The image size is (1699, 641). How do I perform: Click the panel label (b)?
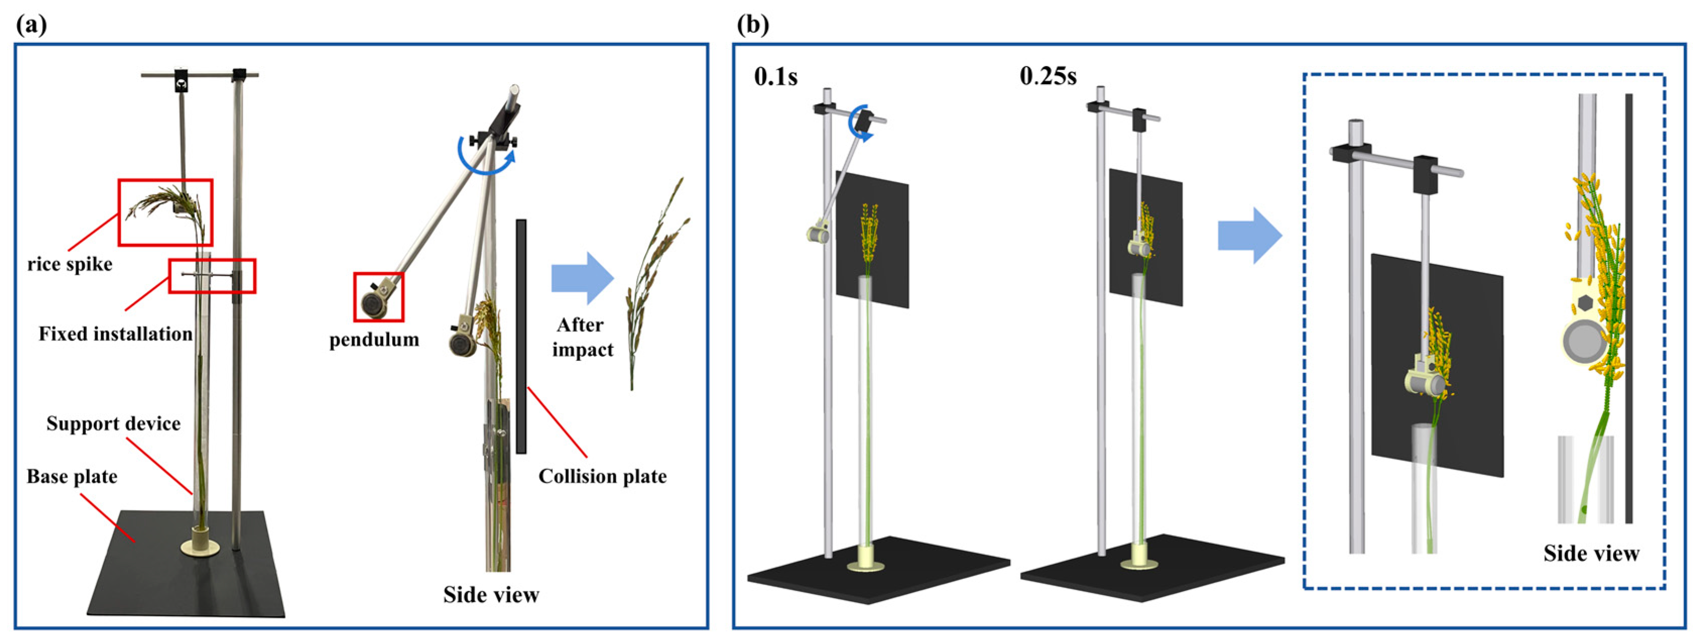[x=752, y=26]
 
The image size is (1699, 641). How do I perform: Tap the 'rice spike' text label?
[x=70, y=265]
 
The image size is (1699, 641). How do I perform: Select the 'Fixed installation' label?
[x=115, y=334]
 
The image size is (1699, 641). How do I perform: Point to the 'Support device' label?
[x=113, y=423]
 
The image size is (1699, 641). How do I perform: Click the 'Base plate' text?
[x=72, y=477]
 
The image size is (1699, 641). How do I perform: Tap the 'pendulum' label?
[x=374, y=340]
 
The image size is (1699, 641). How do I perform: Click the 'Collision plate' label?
[x=602, y=477]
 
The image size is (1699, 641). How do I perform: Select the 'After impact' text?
[x=583, y=337]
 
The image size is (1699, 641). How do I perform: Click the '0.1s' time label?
[x=776, y=77]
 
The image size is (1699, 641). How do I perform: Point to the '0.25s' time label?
[x=1048, y=77]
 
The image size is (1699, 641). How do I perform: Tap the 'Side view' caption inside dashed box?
[x=1591, y=553]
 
